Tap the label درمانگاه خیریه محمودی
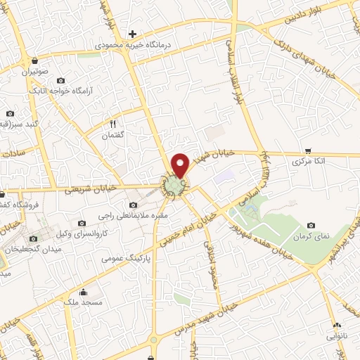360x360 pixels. [x=134, y=46]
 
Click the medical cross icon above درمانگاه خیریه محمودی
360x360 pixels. [x=132, y=34]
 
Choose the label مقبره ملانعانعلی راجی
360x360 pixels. [x=137, y=216]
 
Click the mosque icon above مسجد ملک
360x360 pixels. [x=84, y=291]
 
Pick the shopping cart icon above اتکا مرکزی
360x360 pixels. [x=307, y=150]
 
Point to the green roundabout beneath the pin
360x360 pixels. [x=174, y=185]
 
